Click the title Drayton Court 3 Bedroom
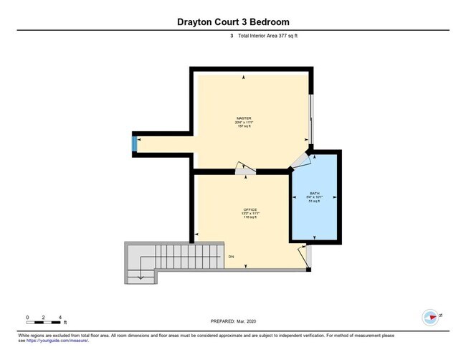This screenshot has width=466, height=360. [233, 22]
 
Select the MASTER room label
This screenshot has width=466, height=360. [245, 118]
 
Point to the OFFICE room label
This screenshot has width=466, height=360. [249, 209]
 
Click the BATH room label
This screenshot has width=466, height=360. [315, 194]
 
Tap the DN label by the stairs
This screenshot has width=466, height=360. [232, 256]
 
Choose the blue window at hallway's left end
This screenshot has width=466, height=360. [134, 144]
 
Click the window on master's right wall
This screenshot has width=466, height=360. [310, 118]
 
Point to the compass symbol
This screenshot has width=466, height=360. [430, 317]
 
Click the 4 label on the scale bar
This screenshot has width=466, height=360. [60, 317]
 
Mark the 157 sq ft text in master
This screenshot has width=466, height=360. [245, 126]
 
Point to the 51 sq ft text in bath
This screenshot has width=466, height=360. [315, 202]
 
